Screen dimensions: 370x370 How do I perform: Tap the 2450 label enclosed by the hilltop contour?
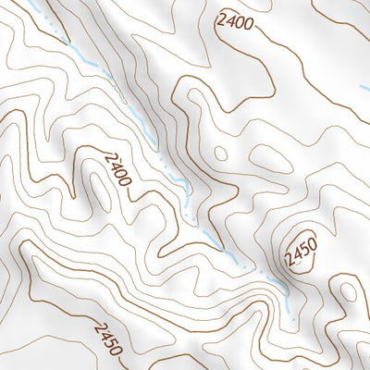[302, 249]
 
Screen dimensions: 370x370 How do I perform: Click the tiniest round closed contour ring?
[220, 153]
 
